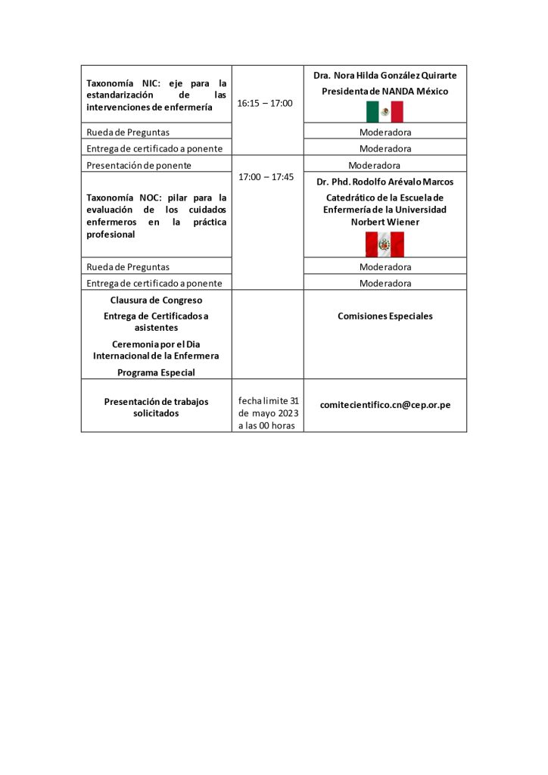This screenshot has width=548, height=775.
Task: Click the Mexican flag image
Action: click(385, 111)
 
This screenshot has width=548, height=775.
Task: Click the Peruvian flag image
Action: click(385, 244)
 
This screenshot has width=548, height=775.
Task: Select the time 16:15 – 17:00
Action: click(265, 103)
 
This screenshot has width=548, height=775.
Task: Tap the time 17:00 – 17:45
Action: click(266, 177)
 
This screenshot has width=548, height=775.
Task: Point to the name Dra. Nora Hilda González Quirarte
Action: click(385, 76)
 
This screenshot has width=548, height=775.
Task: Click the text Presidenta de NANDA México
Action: click(385, 92)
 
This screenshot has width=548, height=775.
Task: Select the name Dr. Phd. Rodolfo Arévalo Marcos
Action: click(385, 182)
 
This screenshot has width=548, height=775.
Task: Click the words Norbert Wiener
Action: click(385, 222)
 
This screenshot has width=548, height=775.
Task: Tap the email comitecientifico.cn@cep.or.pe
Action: click(385, 405)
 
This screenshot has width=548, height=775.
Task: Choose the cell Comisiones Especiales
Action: click(385, 316)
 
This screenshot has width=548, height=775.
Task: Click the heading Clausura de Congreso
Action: click(156, 300)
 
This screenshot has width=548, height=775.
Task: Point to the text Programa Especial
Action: click(156, 372)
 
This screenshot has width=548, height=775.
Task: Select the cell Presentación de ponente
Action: click(139, 165)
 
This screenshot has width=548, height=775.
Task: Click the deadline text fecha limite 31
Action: click(269, 400)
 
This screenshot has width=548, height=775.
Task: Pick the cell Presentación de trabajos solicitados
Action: click(156, 407)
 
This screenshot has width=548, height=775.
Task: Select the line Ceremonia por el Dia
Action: click(156, 344)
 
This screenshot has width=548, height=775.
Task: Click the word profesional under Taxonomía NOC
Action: click(111, 235)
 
